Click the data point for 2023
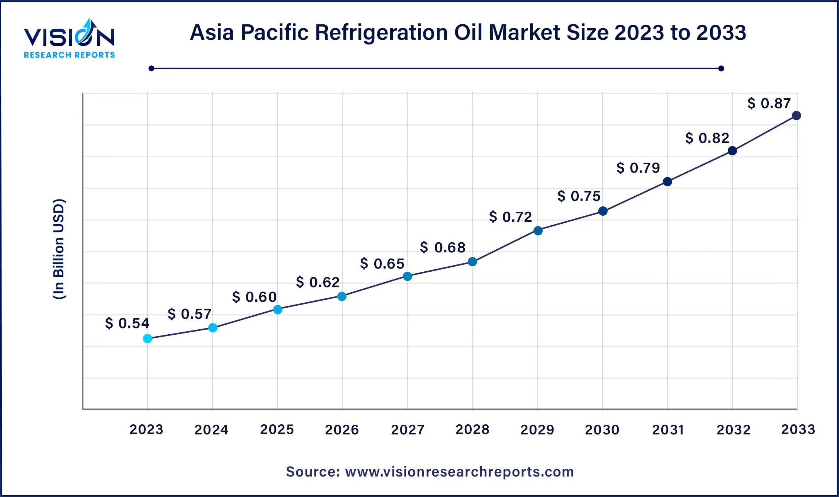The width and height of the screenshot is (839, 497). pyautogui.click(x=148, y=339)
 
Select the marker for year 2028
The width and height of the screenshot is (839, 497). pyautogui.click(x=472, y=262)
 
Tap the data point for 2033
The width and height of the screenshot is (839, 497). pyautogui.click(x=796, y=116)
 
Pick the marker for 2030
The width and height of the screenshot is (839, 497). pyautogui.click(x=603, y=211)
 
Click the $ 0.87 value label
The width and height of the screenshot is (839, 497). pyautogui.click(x=769, y=103)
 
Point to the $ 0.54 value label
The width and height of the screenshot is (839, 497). pyautogui.click(x=127, y=323)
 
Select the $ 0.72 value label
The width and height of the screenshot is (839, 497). pyautogui.click(x=510, y=217)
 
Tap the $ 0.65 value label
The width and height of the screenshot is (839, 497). pyautogui.click(x=382, y=264)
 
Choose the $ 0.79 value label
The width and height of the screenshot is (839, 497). pyautogui.click(x=638, y=168)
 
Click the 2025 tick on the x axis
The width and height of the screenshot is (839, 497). pyautogui.click(x=277, y=429)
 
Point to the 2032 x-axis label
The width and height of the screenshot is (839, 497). pyautogui.click(x=733, y=429)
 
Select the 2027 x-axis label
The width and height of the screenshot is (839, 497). pyautogui.click(x=407, y=429)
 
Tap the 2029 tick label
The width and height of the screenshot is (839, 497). pyautogui.click(x=537, y=429)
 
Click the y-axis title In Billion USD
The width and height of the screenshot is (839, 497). pyautogui.click(x=59, y=249)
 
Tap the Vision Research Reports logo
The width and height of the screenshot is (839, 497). pyautogui.click(x=70, y=39)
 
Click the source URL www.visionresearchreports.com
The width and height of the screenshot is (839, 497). pyautogui.click(x=459, y=471)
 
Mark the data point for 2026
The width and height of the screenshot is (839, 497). pyautogui.click(x=342, y=296)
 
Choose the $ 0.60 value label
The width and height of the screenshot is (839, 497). pyautogui.click(x=254, y=297)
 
